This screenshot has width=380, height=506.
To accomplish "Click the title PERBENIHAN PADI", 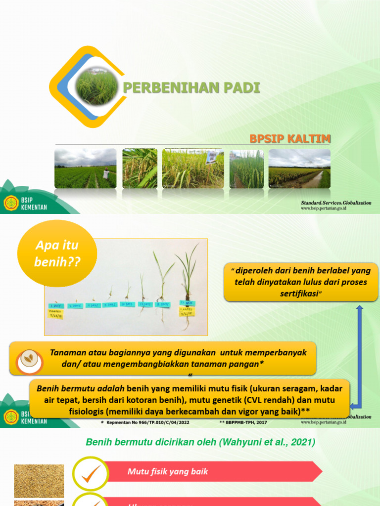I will coord(191,88).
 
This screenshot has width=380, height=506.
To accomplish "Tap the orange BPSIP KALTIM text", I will coord(290,139).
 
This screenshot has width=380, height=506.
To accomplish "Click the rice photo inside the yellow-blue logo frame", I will coord(97,87).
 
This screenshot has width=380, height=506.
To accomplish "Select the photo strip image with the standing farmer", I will coord(85,169).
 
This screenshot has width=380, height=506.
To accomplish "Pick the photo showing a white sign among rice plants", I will coord(193,169).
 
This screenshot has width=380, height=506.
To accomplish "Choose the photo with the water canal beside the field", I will coord(299,169).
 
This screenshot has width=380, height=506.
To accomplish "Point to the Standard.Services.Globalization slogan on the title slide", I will coord(336,203).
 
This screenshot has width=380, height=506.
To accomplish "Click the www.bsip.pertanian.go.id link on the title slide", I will coord(324,209).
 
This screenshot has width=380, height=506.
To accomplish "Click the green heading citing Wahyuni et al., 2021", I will coord(200,443).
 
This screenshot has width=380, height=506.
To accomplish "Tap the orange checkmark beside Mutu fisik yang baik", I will coord(91,473).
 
